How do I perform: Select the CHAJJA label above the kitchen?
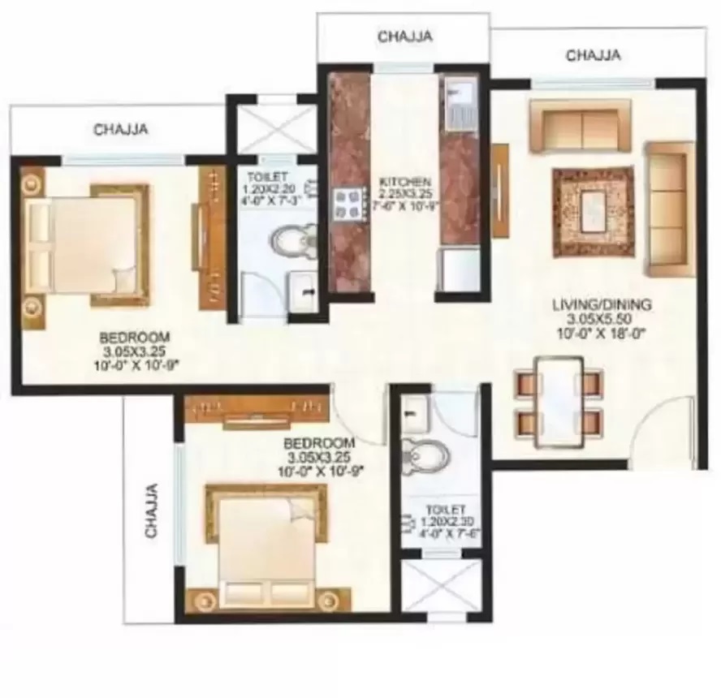point(404,36)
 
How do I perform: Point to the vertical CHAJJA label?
point(151,511)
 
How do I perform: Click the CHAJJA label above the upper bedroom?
point(120,128)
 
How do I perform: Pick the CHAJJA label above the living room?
point(594,55)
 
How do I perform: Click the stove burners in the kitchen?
point(349,203)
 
